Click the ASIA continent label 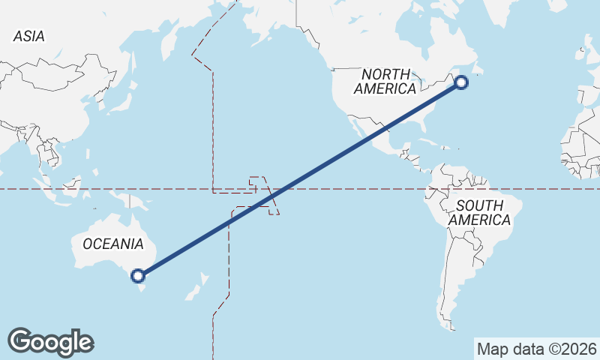29,36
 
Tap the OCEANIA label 112,244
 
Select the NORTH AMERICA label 385,82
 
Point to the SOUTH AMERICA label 480,212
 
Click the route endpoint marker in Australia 137,275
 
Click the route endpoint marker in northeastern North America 462,82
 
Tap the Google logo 51,342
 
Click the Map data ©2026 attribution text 537,349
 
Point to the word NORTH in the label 385,74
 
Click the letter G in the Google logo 22,341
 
